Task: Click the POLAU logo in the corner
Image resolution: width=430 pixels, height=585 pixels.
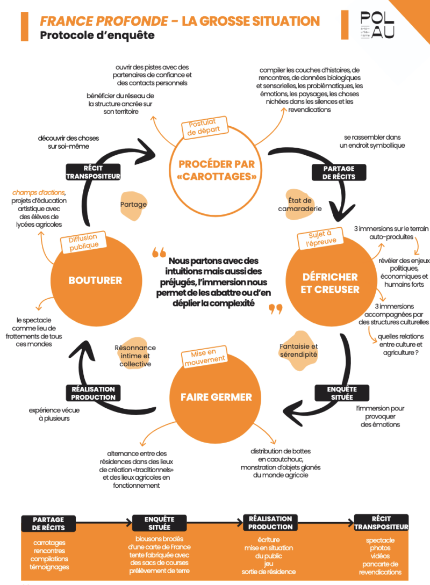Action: coord(377,25)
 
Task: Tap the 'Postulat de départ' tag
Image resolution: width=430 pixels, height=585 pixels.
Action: coord(203,127)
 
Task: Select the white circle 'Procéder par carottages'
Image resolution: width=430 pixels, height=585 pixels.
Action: coord(216,170)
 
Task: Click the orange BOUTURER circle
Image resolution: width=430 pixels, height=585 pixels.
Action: coord(96,280)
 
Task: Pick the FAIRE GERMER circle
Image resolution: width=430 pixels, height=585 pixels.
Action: coord(216,397)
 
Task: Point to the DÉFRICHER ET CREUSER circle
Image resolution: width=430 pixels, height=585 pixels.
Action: coord(331,283)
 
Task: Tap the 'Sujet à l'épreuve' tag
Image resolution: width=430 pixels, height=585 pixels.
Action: coord(320,239)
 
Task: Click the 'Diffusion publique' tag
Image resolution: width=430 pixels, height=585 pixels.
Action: coord(84,242)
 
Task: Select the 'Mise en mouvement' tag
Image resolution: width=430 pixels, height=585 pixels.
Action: coord(204,357)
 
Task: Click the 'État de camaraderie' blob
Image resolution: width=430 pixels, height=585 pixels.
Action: coord(300,205)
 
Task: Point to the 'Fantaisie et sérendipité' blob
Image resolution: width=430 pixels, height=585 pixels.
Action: coord(299,351)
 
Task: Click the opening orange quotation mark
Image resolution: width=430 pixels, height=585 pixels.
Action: coord(159,253)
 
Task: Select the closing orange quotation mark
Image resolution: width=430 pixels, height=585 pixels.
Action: coord(276,309)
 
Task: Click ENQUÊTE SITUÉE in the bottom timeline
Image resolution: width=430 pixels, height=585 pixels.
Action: coord(160,523)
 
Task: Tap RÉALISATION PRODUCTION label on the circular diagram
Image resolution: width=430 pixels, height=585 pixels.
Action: coord(94,393)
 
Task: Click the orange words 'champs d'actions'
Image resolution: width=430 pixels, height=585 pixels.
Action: coord(39,192)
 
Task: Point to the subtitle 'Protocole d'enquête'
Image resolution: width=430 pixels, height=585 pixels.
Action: coord(97,35)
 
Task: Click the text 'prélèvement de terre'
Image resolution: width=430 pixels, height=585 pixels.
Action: coord(160,571)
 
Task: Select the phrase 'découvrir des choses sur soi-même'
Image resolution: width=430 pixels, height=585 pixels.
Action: coord(68,142)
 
